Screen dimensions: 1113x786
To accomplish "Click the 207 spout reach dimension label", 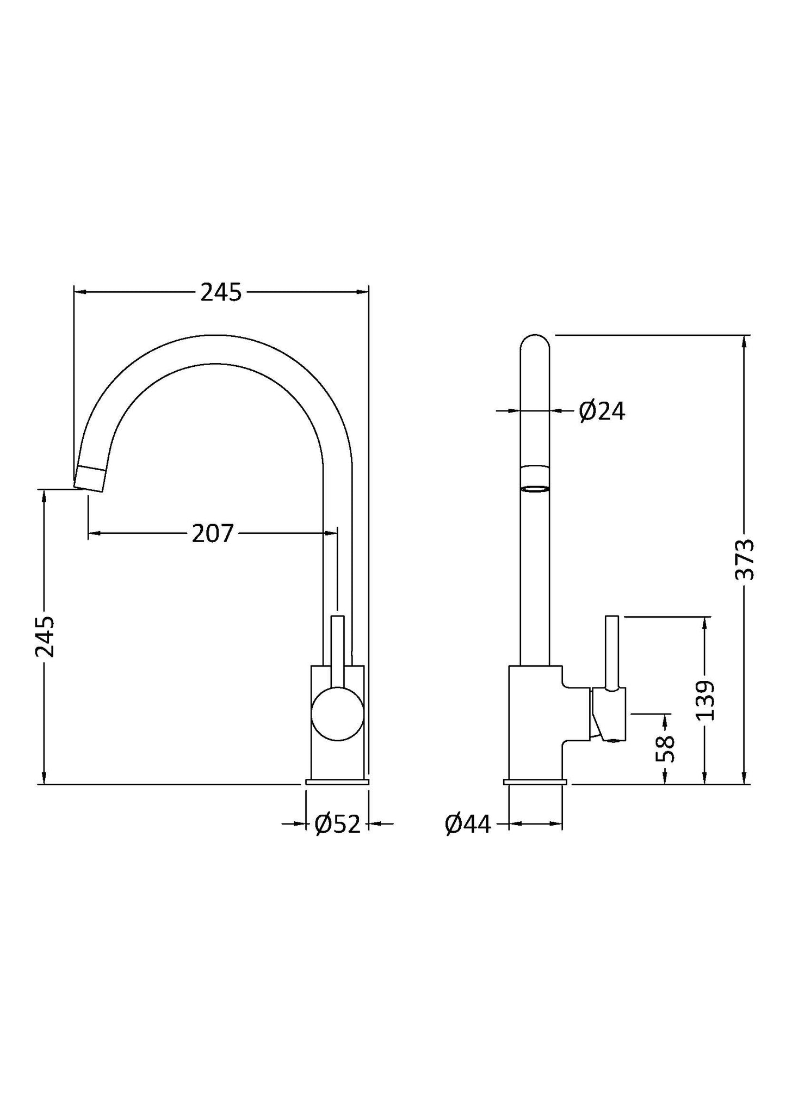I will tap(213, 533).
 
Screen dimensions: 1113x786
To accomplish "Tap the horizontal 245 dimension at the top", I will tap(221, 293).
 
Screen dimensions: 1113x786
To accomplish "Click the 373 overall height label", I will tap(745, 559).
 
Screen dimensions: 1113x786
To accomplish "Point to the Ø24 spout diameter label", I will tap(602, 411).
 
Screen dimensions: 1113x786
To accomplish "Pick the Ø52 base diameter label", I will tap(338, 825).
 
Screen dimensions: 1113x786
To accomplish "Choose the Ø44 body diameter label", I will tap(468, 825).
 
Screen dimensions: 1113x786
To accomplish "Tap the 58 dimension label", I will tap(665, 749).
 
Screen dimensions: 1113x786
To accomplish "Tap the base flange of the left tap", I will tap(337, 782).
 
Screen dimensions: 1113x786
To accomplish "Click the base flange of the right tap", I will tap(535, 782).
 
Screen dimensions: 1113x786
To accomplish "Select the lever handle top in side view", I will tap(611, 620).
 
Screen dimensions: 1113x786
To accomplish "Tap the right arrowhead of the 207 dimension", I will tap(331, 533).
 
